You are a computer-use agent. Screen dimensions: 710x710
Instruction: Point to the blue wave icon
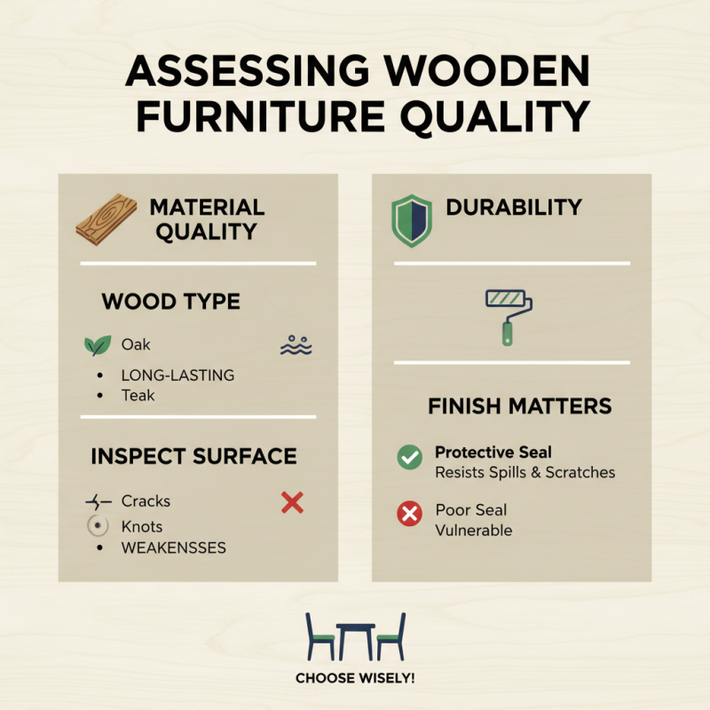tap(296, 345)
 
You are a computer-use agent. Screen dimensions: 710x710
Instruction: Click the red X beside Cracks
tap(292, 503)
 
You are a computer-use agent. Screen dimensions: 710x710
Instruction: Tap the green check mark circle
tap(409, 458)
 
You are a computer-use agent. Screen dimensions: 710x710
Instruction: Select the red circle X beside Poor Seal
tap(409, 514)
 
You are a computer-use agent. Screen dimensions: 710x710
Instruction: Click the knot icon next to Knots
tap(97, 525)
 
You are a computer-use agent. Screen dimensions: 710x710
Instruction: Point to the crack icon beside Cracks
tap(97, 502)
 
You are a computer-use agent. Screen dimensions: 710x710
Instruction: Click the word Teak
tap(138, 396)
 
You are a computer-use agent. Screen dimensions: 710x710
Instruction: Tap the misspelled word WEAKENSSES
tap(174, 548)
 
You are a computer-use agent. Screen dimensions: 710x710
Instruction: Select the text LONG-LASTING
tap(177, 375)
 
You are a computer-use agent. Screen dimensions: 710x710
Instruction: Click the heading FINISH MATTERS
tap(519, 406)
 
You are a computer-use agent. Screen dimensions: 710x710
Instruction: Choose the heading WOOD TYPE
tap(170, 302)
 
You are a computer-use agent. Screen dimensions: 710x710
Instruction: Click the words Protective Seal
tap(493, 453)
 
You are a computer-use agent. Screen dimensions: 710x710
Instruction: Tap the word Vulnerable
tap(473, 530)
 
